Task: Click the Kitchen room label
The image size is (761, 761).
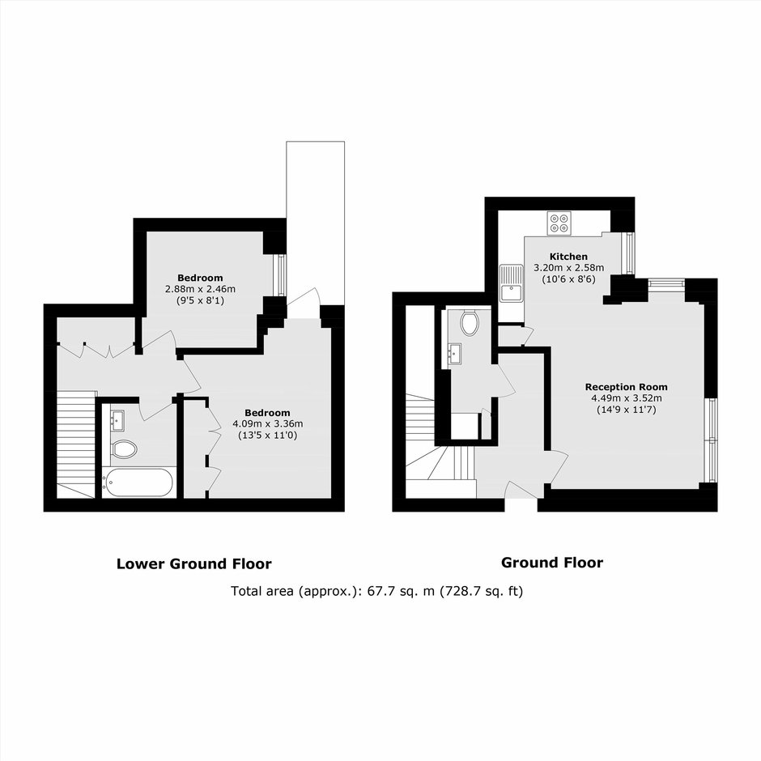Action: (x=568, y=257)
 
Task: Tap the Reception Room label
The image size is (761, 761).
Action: (x=626, y=387)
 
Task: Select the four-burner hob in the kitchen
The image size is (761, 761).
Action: (x=559, y=223)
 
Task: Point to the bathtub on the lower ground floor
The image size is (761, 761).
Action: (x=138, y=483)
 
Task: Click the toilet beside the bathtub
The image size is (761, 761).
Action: (x=123, y=449)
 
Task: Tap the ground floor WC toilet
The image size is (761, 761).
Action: (x=470, y=323)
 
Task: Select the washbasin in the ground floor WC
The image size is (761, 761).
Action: (x=455, y=353)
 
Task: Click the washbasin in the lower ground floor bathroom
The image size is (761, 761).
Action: (x=118, y=420)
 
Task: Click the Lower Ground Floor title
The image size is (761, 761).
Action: (x=194, y=564)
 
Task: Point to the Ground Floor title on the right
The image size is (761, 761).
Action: (x=552, y=563)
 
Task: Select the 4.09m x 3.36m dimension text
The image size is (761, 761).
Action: (x=268, y=423)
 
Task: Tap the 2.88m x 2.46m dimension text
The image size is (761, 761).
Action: (x=201, y=289)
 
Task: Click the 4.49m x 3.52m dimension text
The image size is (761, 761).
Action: (x=626, y=398)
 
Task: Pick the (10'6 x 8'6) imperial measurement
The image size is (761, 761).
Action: (x=568, y=279)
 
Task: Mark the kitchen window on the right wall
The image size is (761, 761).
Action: (x=630, y=253)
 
